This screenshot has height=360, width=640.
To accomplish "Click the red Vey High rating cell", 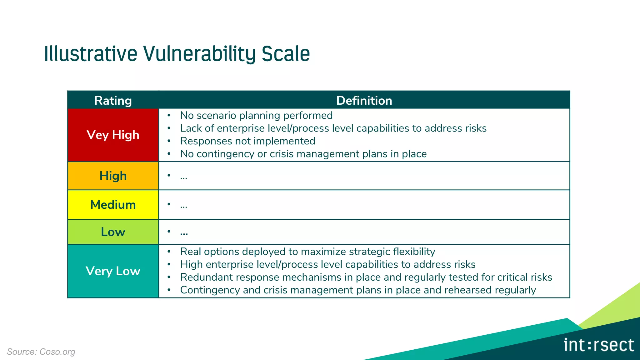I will pyautogui.click(x=113, y=135).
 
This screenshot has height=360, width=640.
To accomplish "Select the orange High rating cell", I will pyautogui.click(x=113, y=176).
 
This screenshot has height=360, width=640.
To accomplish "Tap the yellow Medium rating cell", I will pyautogui.click(x=113, y=205).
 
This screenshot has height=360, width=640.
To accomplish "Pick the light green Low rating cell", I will pyautogui.click(x=113, y=232).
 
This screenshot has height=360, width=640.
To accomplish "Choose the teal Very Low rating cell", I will pyautogui.click(x=113, y=271).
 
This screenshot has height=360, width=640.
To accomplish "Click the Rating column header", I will pyautogui.click(x=113, y=101).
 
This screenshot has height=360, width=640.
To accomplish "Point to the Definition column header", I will pyautogui.click(x=364, y=101).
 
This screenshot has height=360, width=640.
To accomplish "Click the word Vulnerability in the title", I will pyautogui.click(x=199, y=54).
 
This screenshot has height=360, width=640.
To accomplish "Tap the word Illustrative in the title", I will pyautogui.click(x=91, y=54).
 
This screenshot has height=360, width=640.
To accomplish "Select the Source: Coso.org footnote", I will pyautogui.click(x=41, y=352).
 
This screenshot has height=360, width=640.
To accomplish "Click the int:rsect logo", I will pyautogui.click(x=598, y=345).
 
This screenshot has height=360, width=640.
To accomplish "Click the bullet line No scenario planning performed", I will pyautogui.click(x=256, y=115).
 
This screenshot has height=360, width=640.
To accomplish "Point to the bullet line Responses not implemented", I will pyautogui.click(x=247, y=141).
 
